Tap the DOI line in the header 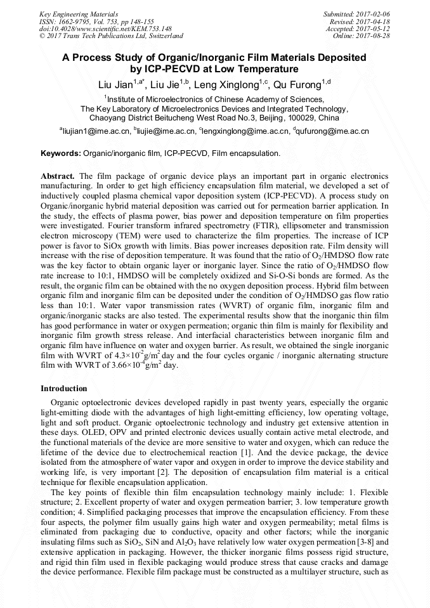(105, 29)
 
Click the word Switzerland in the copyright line (164, 36)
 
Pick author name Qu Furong (297, 84)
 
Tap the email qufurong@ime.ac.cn (332, 131)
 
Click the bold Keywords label (61, 153)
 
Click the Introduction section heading (64, 389)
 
